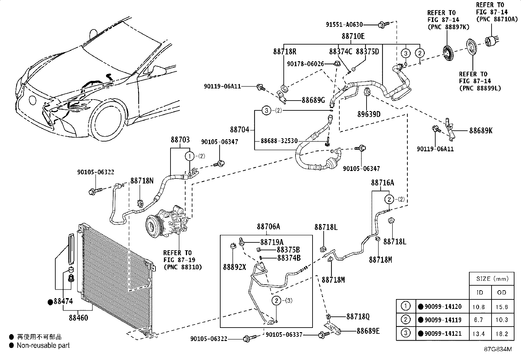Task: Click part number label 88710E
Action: pos(353,36)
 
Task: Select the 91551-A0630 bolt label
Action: pos(344,25)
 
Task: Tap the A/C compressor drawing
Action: pos(167,221)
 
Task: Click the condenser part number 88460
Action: pos(79,318)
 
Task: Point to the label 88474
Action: pos(63,301)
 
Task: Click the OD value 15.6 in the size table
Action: pos(502,307)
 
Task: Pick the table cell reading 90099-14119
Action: pos(443,320)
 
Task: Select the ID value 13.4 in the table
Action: pos(479,334)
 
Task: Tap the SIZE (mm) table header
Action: pos(493,279)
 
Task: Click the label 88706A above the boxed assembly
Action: pos(268,227)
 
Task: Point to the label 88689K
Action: pos(481,131)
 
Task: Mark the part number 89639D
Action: pos(369,114)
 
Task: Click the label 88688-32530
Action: pos(279,141)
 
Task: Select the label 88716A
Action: pos(383,183)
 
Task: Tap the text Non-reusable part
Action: pos(43,345)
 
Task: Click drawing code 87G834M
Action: pos(498,349)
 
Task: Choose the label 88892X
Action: pos(234,267)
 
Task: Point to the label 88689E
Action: pos(368,331)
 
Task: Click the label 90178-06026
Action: pos(305,64)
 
